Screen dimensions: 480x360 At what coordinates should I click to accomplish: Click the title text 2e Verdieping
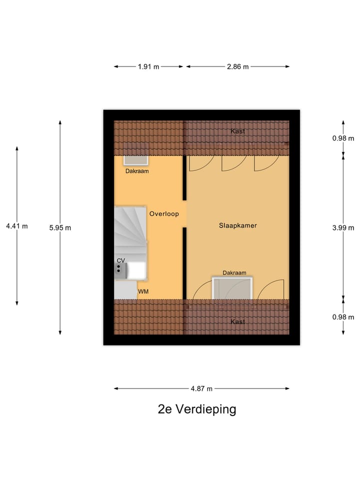(196, 409)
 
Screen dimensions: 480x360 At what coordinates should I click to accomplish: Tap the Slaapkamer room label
(237, 225)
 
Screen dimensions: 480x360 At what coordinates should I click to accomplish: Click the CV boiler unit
(121, 270)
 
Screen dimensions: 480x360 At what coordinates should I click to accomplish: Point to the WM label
(143, 291)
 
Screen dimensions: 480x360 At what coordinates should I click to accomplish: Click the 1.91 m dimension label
(148, 66)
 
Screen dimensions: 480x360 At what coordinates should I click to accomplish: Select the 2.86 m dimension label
(238, 66)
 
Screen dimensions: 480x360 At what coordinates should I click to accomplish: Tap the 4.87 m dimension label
(202, 388)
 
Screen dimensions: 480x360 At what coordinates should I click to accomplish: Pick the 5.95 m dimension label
(60, 227)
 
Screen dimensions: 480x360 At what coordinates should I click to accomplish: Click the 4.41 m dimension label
(17, 226)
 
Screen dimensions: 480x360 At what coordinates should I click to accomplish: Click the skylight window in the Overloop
(136, 160)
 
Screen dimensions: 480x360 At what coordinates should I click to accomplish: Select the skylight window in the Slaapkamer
(231, 288)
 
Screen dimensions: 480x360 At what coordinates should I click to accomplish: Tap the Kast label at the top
(238, 131)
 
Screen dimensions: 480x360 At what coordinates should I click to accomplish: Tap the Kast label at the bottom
(238, 321)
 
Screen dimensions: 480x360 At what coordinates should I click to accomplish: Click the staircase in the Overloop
(130, 232)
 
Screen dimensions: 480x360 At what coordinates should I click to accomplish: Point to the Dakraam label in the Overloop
(136, 171)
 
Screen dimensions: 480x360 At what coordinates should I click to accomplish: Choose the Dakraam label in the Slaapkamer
(234, 272)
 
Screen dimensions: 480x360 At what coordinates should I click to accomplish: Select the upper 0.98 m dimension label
(343, 138)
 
